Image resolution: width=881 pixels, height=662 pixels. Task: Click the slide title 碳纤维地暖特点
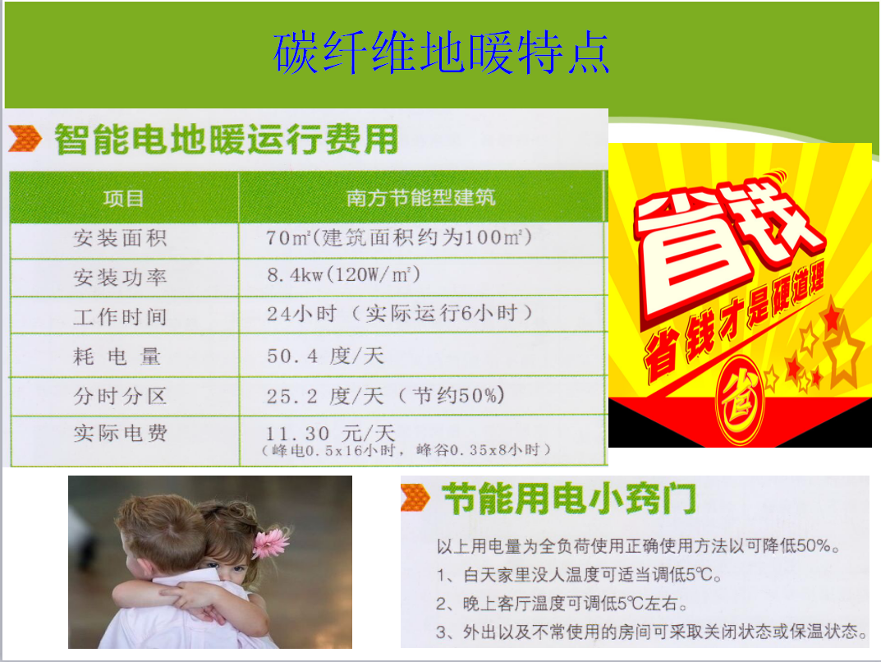click(x=441, y=53)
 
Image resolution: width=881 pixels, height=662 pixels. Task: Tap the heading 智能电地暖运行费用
click(x=226, y=140)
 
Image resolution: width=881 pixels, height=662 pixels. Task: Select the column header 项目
click(x=124, y=199)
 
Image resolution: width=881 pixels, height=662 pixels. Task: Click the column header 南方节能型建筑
click(x=421, y=197)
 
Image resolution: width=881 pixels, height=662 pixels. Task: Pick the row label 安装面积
click(x=120, y=238)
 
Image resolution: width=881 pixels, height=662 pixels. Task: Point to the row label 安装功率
click(x=120, y=278)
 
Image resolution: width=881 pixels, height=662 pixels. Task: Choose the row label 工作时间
click(x=120, y=317)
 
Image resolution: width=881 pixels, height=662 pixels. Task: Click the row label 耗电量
click(x=117, y=356)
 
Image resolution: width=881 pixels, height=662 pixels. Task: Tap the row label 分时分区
click(x=120, y=396)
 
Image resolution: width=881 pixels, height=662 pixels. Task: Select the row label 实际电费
click(x=120, y=433)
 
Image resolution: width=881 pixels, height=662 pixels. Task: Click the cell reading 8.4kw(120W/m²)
click(x=343, y=275)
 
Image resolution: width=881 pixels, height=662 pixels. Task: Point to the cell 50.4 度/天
click(x=325, y=356)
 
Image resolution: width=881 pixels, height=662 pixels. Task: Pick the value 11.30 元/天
click(x=330, y=434)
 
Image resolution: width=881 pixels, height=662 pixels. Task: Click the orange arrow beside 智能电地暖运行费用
click(x=25, y=139)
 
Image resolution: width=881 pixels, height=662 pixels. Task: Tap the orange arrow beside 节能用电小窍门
click(x=415, y=498)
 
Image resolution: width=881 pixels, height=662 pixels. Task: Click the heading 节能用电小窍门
click(x=569, y=499)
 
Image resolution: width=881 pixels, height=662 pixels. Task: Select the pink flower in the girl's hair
click(x=271, y=543)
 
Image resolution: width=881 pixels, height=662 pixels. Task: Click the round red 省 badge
click(x=740, y=398)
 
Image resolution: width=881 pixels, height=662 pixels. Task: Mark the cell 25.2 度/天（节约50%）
click(x=385, y=396)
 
